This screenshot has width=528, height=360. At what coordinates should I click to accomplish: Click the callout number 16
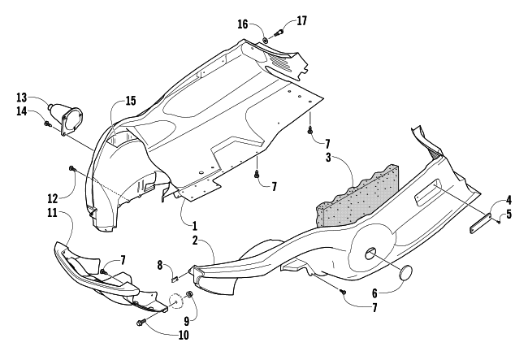pos(242,24)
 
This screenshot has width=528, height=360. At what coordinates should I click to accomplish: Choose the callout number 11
pos(51,212)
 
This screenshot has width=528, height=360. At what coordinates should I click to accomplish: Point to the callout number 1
pos(194,223)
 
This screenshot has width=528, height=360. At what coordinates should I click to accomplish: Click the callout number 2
pos(197,241)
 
